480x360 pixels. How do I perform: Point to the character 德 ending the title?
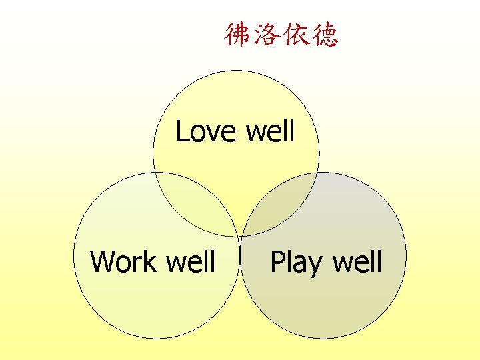pos(325,35)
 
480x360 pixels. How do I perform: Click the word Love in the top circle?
pos(206,132)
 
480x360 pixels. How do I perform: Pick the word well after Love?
pos(270,132)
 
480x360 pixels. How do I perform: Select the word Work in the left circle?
pos(123,262)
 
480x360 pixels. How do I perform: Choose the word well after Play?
pos(357,262)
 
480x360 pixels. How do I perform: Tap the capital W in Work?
pos(103,262)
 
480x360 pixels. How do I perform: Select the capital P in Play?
pos(277,262)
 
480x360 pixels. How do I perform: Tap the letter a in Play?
pos(301,265)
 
